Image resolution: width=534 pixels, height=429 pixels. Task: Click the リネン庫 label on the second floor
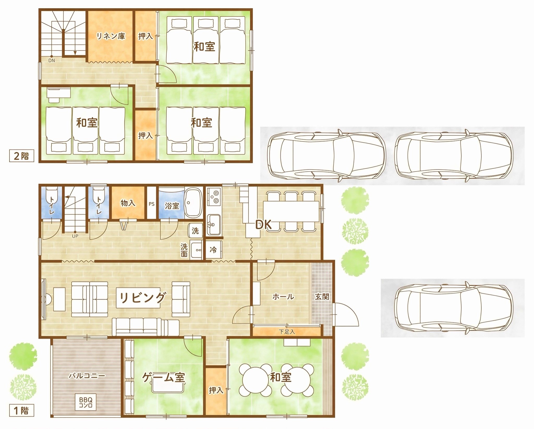pyautogui.click(x=111, y=36)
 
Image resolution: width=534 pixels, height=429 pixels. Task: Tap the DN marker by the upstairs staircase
pyautogui.click(x=52, y=61)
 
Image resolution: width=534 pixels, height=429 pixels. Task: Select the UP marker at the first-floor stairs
pyautogui.click(x=75, y=236)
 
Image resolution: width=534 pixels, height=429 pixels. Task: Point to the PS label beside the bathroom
pyautogui.click(x=151, y=204)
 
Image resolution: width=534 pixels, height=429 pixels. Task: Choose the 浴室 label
pyautogui.click(x=172, y=206)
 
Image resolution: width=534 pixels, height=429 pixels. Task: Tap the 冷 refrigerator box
pyautogui.click(x=214, y=250)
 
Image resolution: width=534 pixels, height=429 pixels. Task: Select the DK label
pyautogui.click(x=263, y=225)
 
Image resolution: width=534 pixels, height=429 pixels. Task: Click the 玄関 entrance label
pyautogui.click(x=322, y=297)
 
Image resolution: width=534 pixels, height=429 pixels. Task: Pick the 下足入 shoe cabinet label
pyautogui.click(x=287, y=332)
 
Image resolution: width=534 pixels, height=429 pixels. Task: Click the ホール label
pyautogui.click(x=283, y=297)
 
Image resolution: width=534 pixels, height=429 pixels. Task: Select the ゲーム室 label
pyautogui.click(x=163, y=377)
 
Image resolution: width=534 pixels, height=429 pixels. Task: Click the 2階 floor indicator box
pyautogui.click(x=22, y=156)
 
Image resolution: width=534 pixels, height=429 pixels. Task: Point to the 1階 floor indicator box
pyautogui.click(x=22, y=411)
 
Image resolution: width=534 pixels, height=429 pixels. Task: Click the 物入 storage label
pyautogui.click(x=128, y=203)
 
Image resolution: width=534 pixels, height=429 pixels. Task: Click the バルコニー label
pyautogui.click(x=87, y=376)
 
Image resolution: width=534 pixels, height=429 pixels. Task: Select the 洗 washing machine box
pyautogui.click(x=195, y=231)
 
